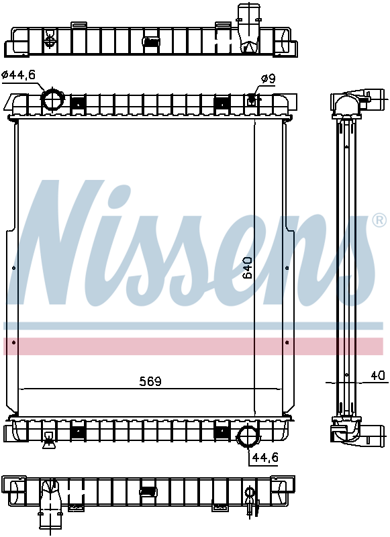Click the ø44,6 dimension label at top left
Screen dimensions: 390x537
pyautogui.click(x=19, y=75)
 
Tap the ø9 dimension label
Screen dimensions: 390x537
pyautogui.click(x=268, y=79)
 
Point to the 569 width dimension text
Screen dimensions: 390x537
pyautogui.click(x=150, y=381)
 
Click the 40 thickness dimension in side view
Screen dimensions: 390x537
pyautogui.click(x=378, y=376)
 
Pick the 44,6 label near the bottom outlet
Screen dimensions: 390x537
pyautogui.click(x=265, y=457)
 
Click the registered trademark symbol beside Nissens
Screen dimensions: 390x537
pyautogui.click(x=379, y=221)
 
